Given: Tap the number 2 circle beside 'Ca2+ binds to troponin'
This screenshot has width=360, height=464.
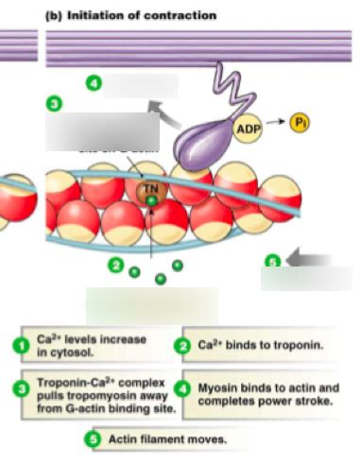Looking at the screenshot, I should [x=183, y=346].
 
